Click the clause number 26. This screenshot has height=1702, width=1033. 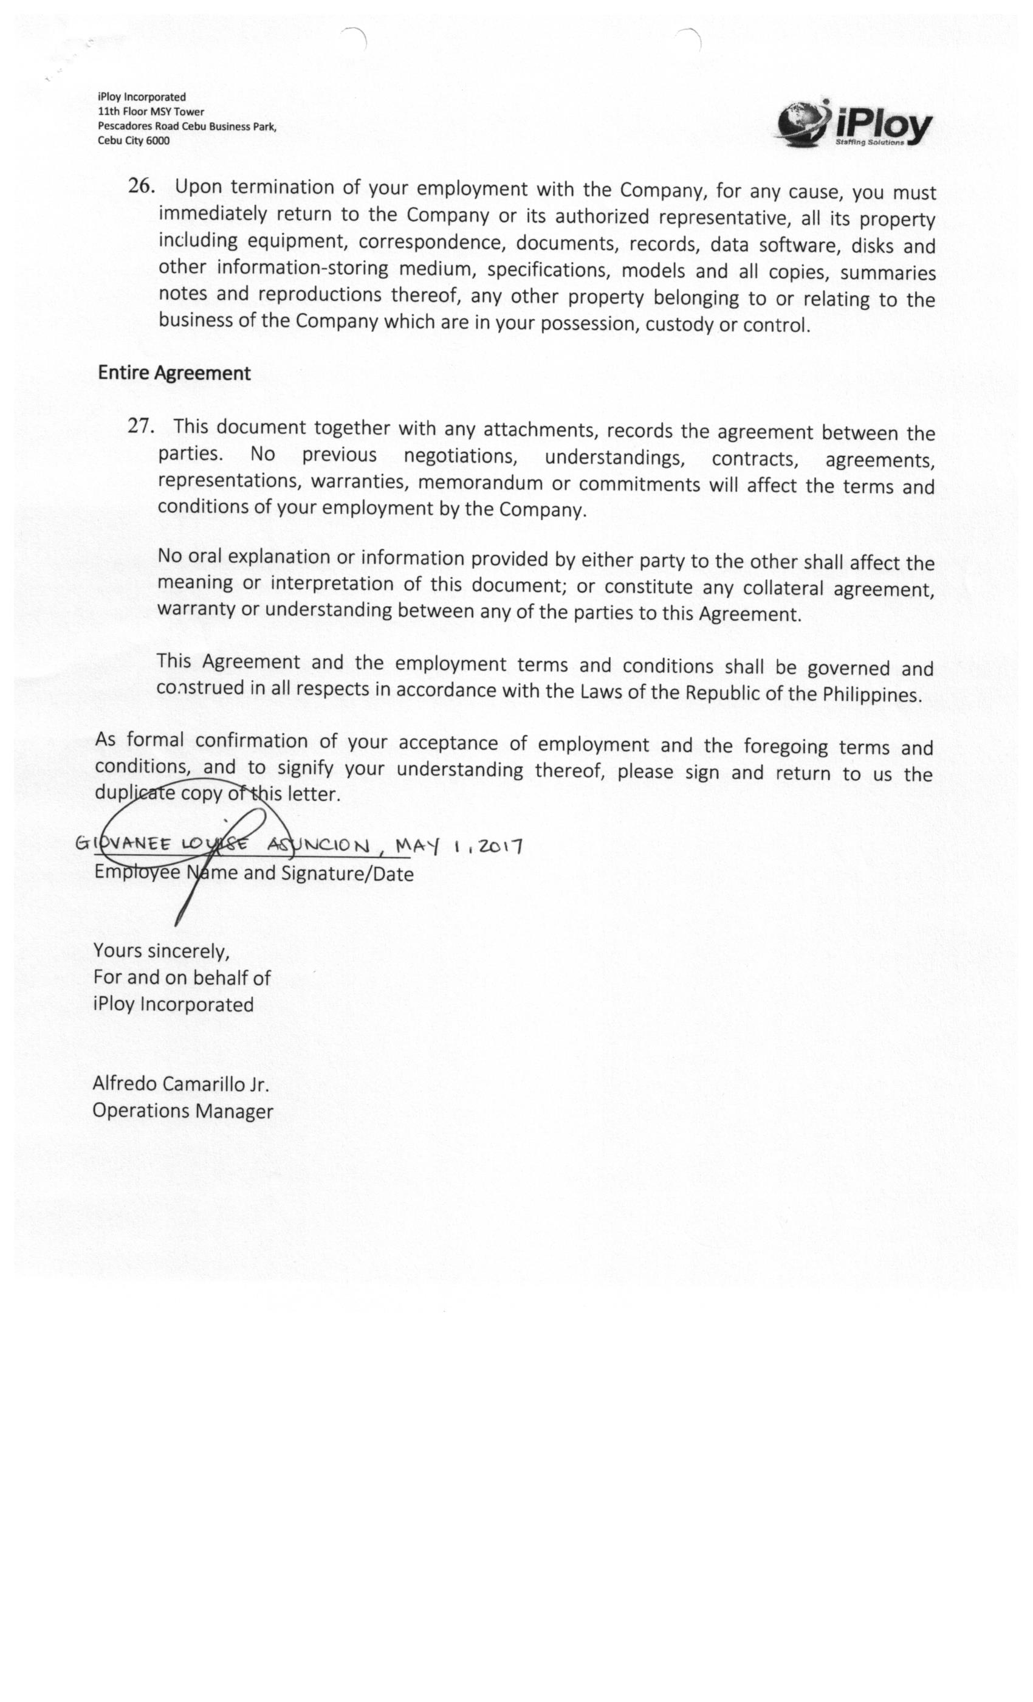141,187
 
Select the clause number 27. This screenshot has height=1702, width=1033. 140,425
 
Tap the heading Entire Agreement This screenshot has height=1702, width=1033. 174,373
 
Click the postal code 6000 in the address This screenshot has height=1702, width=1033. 157,141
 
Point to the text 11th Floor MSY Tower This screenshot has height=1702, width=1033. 151,111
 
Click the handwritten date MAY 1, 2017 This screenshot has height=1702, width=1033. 459,846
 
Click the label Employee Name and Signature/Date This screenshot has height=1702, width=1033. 253,873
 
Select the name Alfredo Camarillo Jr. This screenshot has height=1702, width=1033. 180,1084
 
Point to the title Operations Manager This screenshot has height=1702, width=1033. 183,1111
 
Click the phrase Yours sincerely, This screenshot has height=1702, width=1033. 162,951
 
